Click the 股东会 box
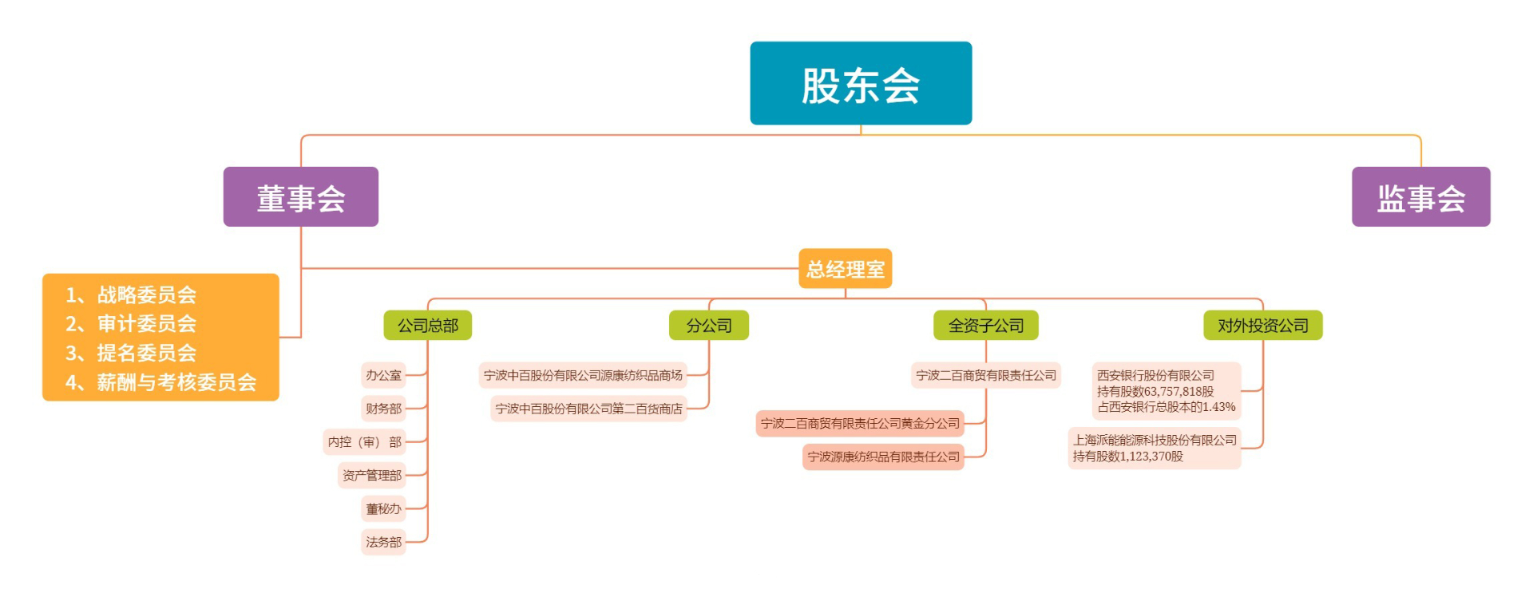click(861, 83)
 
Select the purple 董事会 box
click(300, 197)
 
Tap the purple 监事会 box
click(1420, 197)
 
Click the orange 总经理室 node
click(845, 269)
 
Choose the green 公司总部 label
click(427, 326)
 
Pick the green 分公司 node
click(709, 326)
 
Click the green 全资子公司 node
click(985, 326)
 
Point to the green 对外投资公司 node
click(1262, 326)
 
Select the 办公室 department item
click(383, 375)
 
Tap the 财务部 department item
click(383, 409)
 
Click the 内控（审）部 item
click(364, 442)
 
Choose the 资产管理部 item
click(371, 476)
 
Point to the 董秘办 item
click(383, 509)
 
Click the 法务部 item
click(383, 543)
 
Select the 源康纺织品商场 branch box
click(583, 375)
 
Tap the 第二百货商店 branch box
click(588, 409)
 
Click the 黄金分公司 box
click(860, 423)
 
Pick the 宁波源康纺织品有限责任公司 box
click(883, 457)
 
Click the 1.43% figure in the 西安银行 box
click(1219, 407)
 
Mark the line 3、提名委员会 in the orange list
click(131, 353)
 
